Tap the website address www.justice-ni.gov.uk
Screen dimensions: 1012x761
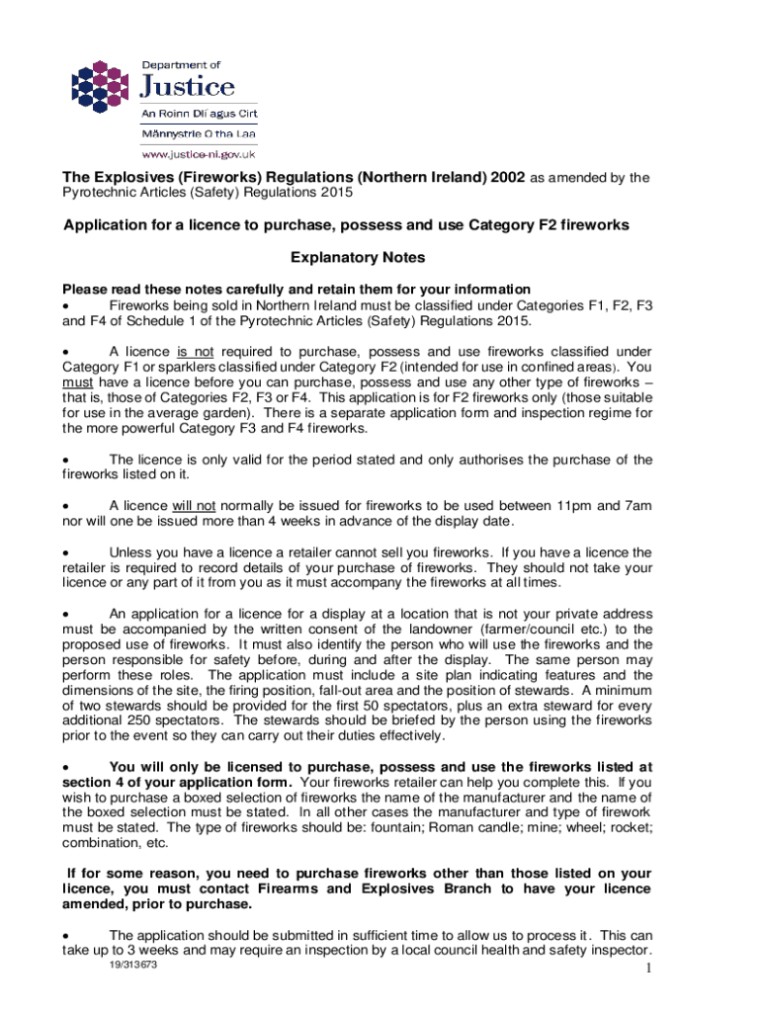click(199, 153)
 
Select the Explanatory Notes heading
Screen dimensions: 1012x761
click(357, 258)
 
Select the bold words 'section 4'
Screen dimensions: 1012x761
click(94, 782)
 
